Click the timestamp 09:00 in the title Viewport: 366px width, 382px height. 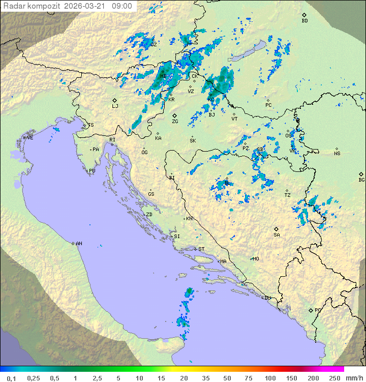coord(122,6)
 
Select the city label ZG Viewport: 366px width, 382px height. coord(175,122)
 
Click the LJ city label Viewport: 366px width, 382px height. coord(115,106)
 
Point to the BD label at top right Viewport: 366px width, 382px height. coord(304,21)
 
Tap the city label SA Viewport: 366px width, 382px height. coord(277,235)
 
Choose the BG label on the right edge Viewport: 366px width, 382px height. coord(361,180)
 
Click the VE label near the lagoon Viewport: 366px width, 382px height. coord(30,138)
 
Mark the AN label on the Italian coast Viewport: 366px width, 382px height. coord(79,244)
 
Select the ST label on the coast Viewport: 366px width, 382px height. coord(201,249)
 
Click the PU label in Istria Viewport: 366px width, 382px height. coord(92,171)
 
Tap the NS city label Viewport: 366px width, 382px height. coord(337,154)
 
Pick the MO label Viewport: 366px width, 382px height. coord(256,259)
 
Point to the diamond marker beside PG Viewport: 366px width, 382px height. coord(311,310)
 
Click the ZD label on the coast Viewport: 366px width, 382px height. coord(149,215)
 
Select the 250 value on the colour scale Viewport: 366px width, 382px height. coord(334,378)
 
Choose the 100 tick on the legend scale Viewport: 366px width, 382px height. coord(270,378)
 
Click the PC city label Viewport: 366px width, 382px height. coord(268,105)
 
